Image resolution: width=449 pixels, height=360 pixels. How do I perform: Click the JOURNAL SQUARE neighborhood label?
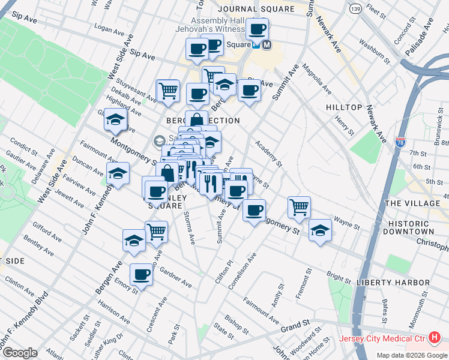[x=256, y=9]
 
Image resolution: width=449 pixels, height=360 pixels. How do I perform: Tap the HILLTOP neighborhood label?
[x=344, y=107]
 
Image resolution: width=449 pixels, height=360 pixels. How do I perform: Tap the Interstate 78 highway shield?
[x=417, y=142]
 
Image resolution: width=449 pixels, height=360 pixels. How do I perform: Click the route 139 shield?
[x=355, y=8]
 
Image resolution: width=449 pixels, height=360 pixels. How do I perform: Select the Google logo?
[x=20, y=353]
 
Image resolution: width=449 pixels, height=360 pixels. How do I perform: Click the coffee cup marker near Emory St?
[x=141, y=275]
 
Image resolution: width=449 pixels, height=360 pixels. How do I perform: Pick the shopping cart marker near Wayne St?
[x=299, y=208]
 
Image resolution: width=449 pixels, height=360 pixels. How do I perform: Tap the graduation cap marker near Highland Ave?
[x=115, y=120]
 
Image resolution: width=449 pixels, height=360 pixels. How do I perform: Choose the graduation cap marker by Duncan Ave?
[x=118, y=174]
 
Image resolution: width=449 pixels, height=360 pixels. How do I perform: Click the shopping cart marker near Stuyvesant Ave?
[x=168, y=91]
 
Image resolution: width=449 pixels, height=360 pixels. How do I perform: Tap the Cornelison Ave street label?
[x=243, y=271]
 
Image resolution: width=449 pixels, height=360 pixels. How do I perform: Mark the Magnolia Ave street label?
[x=317, y=79]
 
